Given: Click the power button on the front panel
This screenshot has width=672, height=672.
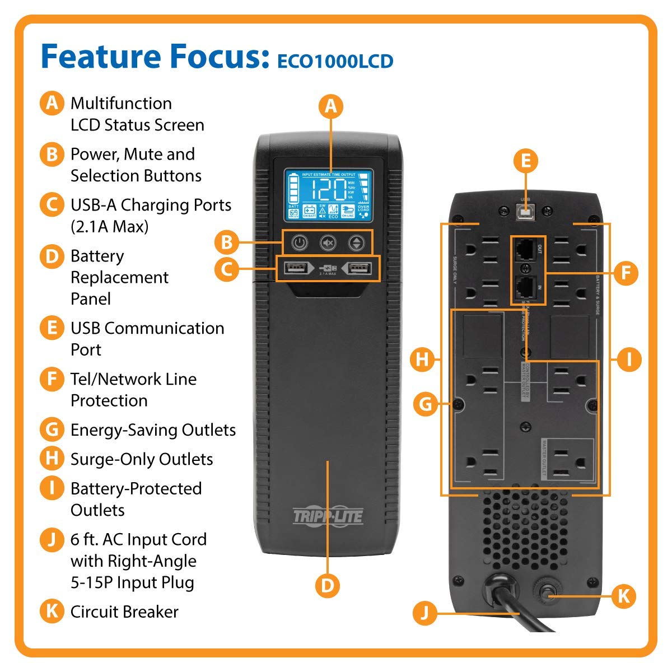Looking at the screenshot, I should (300, 243).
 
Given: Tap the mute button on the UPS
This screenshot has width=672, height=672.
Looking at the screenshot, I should (328, 243).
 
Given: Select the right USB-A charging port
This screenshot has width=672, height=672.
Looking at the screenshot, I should (358, 269).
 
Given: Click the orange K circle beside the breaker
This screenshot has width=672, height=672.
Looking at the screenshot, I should (623, 596).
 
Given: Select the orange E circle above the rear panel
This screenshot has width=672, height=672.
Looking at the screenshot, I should (525, 161).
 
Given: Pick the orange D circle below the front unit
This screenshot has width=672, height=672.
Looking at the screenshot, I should (328, 585).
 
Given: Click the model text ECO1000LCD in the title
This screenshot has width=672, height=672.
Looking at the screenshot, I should (335, 61).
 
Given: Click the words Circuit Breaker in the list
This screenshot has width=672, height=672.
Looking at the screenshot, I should (124, 612).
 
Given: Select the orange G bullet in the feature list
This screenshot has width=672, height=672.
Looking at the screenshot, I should (52, 430).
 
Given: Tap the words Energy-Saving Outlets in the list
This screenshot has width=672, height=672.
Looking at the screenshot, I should (153, 430).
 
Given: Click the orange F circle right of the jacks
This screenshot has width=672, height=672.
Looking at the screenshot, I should (626, 273).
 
